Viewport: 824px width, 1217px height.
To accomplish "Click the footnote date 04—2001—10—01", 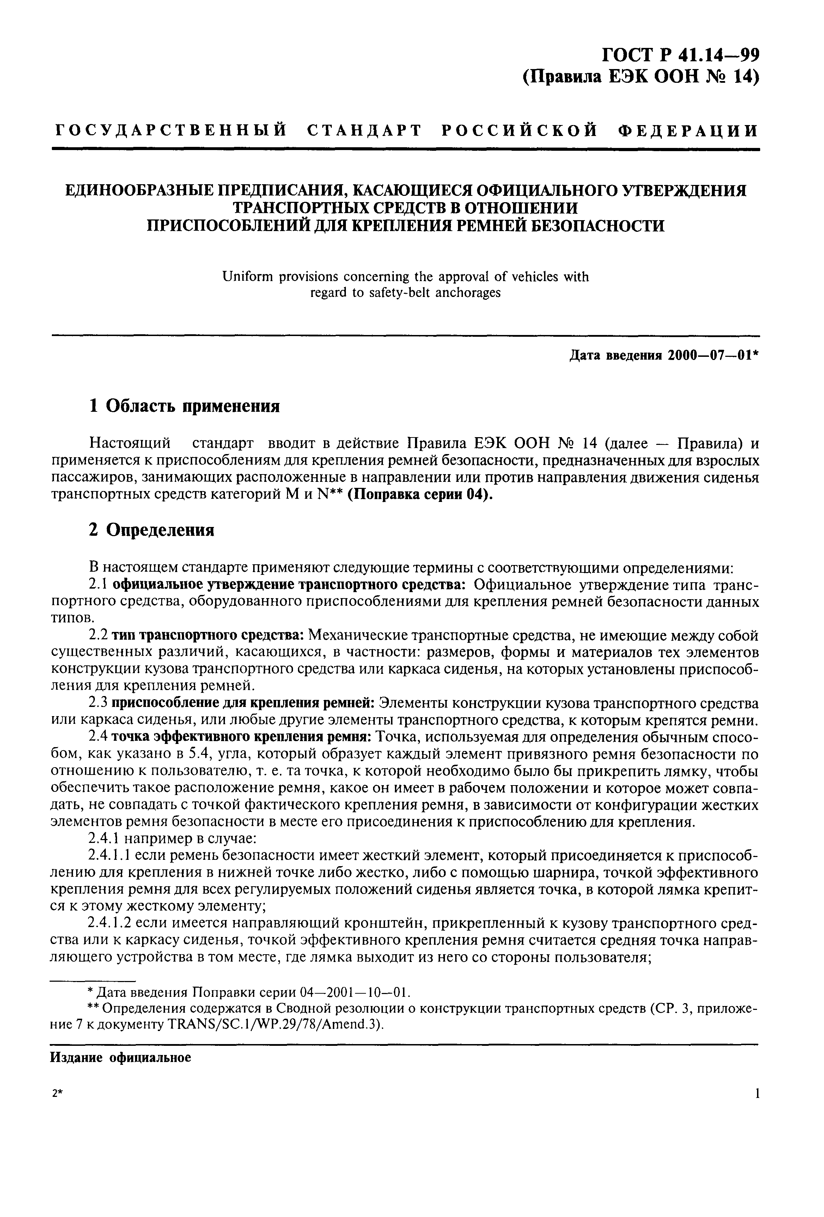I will point(355,992).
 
